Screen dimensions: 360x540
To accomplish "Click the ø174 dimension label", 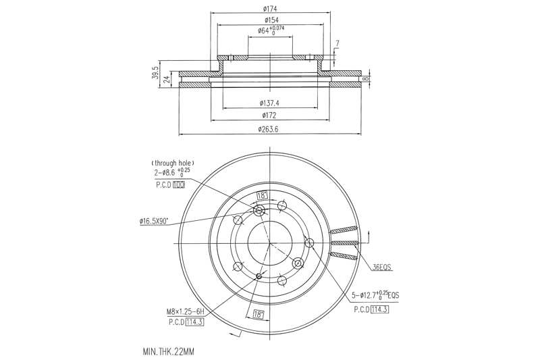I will (270, 9).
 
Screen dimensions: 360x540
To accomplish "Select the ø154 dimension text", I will (270, 20).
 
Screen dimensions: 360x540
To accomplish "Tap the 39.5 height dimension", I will (155, 72).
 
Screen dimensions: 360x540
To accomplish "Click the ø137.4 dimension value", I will (269, 103).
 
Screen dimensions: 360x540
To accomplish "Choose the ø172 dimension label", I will (269, 116).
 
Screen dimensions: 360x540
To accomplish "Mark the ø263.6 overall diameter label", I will (269, 130).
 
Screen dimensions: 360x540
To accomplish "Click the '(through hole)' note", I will (173, 163).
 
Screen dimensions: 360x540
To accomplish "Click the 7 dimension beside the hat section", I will (337, 45).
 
